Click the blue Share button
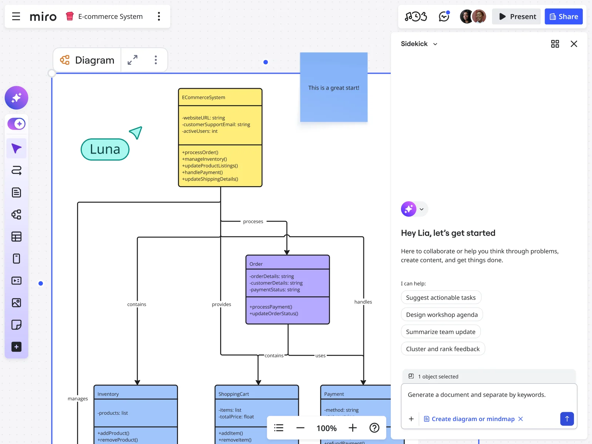(564, 17)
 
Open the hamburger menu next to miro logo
(16, 17)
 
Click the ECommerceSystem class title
(203, 97)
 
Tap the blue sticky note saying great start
(333, 88)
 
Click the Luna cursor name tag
(105, 149)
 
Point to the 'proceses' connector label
(253, 222)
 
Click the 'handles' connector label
(363, 302)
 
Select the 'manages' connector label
(78, 398)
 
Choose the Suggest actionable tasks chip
(441, 297)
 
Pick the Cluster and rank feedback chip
(443, 349)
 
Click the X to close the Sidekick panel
(573, 44)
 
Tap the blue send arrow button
(566, 419)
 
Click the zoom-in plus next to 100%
(353, 428)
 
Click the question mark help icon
(374, 428)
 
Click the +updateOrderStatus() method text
(274, 313)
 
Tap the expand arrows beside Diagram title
(132, 60)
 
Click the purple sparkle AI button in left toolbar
(16, 98)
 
